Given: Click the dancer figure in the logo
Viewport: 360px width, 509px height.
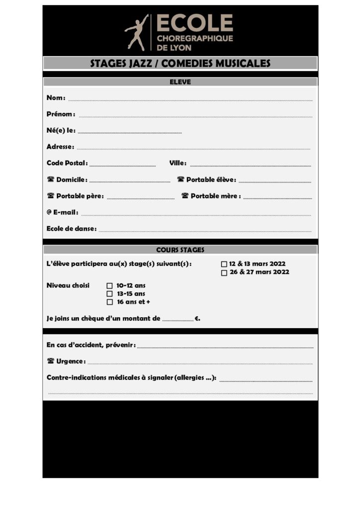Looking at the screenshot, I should click(x=137, y=32).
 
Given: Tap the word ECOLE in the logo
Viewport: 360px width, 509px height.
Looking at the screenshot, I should click(x=194, y=23).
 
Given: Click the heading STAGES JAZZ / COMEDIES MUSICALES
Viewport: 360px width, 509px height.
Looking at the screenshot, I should click(x=180, y=63).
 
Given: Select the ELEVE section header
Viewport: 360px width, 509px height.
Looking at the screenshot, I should click(x=180, y=82).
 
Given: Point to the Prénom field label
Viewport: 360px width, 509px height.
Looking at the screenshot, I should click(x=61, y=114).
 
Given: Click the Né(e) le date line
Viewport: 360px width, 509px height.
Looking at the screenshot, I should click(x=130, y=132).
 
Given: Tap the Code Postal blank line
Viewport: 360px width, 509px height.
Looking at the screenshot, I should click(x=122, y=165).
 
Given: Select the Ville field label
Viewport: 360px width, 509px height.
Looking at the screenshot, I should click(x=178, y=163).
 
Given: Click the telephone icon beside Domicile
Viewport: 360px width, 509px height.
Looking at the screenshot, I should click(x=50, y=179).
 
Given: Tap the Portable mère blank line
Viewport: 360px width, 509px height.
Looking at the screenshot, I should click(x=277, y=198).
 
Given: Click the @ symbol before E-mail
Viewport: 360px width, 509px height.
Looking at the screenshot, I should click(x=49, y=212).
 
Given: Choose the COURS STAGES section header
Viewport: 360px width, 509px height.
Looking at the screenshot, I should click(x=180, y=250).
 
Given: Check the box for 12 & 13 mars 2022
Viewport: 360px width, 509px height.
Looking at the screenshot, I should click(x=224, y=264).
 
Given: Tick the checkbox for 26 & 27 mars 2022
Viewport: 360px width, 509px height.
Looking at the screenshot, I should click(x=224, y=272).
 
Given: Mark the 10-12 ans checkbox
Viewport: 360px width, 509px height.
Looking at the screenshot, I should click(x=110, y=286).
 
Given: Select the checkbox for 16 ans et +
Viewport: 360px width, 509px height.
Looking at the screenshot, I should click(x=110, y=302).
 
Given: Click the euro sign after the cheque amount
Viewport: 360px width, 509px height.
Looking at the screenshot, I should click(x=197, y=319).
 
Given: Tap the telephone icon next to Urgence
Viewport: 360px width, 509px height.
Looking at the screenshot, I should click(x=50, y=361).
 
